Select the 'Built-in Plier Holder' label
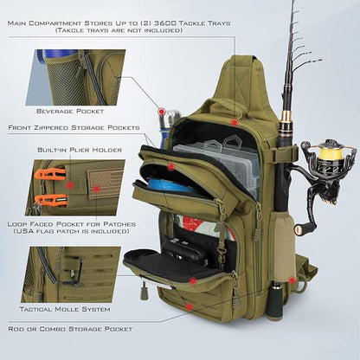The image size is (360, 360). coord(79,150)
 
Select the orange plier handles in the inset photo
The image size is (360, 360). coord(51,187)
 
